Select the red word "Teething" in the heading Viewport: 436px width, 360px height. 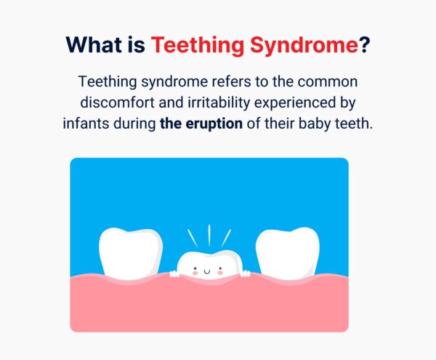195,45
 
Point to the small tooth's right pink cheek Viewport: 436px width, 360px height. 222,273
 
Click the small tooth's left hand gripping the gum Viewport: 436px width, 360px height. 174,274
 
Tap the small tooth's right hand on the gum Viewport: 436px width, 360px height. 245,274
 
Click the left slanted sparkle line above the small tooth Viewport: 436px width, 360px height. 193,239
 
